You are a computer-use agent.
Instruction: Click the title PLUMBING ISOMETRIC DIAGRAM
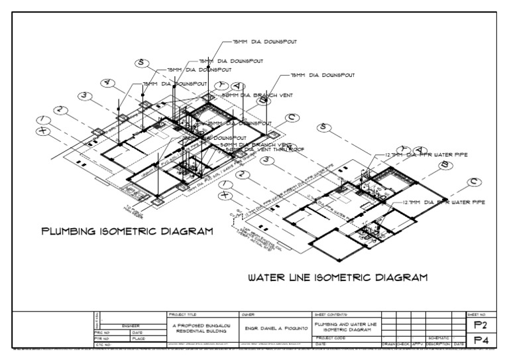pyautogui.click(x=127, y=232)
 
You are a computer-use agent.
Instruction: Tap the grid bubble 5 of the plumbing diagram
pyautogui.click(x=141, y=64)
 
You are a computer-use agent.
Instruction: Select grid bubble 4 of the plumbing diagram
pyautogui.click(x=109, y=84)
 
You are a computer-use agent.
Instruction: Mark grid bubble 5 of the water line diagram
pyautogui.click(x=323, y=127)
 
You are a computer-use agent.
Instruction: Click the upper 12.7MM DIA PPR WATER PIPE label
pyautogui.click(x=425, y=154)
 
